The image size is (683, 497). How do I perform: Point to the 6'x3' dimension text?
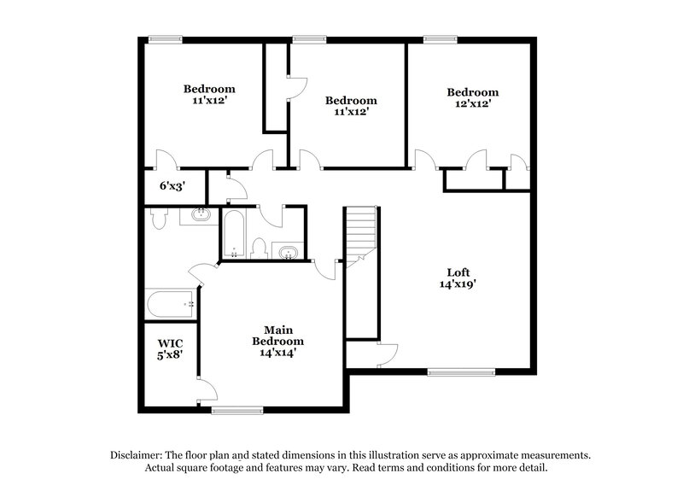[x=172, y=184]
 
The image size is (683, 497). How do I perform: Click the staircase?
[x=360, y=235]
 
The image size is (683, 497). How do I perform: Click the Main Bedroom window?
[x=235, y=411]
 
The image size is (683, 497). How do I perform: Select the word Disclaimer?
[x=137, y=456]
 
